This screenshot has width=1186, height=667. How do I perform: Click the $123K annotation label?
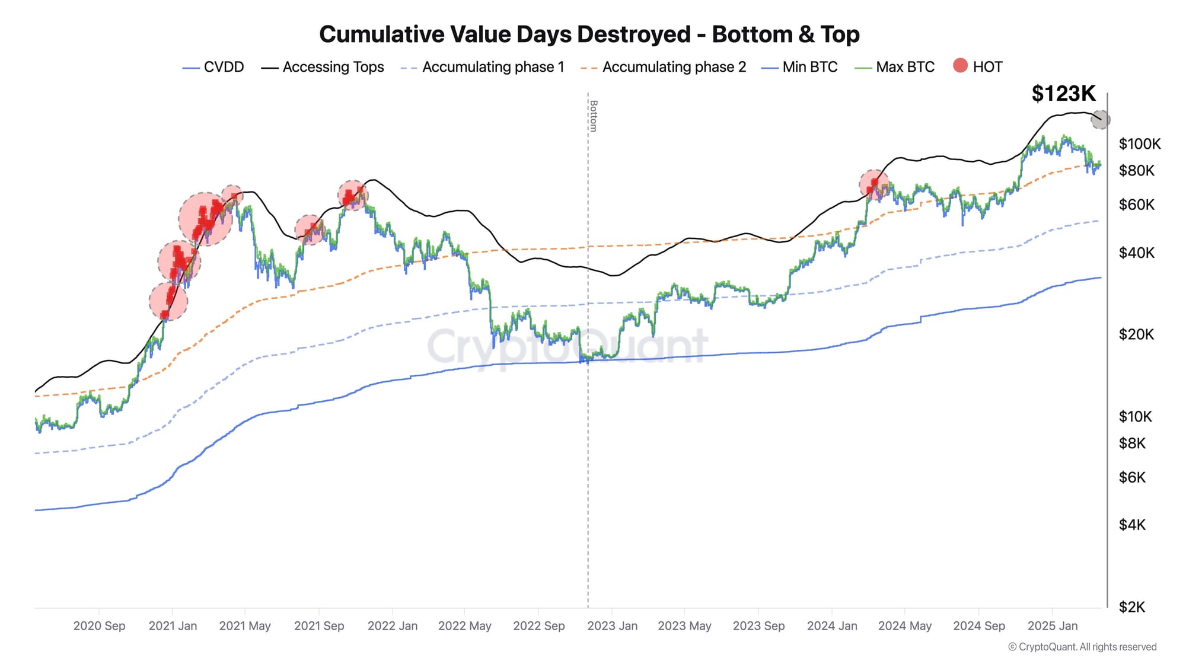(x=1063, y=94)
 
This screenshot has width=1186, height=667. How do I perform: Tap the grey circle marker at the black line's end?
(x=1101, y=120)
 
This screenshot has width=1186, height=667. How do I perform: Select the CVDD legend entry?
(x=213, y=67)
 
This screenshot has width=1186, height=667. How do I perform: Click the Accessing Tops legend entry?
(x=323, y=67)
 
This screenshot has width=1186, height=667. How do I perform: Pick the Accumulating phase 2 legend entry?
(x=664, y=67)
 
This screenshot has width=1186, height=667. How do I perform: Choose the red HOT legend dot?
(x=960, y=66)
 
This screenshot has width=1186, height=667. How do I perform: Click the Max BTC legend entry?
(x=895, y=67)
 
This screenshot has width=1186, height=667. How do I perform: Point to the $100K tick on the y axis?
(x=1139, y=144)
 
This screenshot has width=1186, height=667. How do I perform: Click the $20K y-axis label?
(x=1136, y=334)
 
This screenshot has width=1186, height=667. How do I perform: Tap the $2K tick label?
(x=1131, y=607)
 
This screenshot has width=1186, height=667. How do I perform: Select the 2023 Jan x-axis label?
(x=612, y=626)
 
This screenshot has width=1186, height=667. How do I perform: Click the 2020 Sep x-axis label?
(x=99, y=626)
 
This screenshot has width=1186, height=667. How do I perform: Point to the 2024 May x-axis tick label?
(x=904, y=626)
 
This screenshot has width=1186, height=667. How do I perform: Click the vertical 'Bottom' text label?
(x=593, y=116)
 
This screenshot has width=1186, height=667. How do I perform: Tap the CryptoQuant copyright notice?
(x=1082, y=647)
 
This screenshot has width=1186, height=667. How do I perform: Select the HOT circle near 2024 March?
(x=874, y=185)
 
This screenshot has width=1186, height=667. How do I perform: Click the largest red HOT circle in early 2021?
(x=205, y=219)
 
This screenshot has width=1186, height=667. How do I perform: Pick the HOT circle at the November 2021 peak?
(x=353, y=195)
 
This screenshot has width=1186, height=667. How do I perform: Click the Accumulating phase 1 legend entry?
(x=483, y=67)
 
